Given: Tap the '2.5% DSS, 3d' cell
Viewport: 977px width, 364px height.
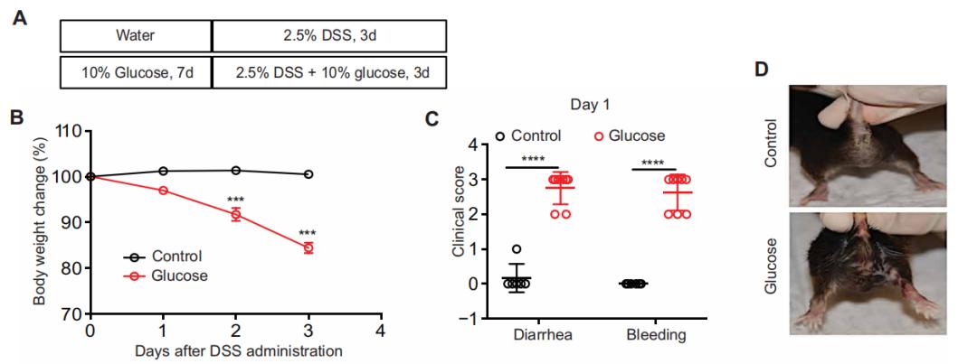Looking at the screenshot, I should [x=329, y=36].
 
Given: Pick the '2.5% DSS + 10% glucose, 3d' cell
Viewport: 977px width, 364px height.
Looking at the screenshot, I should [x=329, y=71].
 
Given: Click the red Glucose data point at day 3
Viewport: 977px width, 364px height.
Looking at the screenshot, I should [x=308, y=247].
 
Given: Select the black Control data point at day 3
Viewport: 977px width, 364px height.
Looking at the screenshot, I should [x=308, y=174].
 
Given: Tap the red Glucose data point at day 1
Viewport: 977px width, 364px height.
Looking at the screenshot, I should [x=163, y=191].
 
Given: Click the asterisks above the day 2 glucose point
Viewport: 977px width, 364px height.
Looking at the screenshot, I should [x=235, y=198].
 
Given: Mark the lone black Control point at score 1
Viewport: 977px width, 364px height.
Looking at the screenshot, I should [x=516, y=249].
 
